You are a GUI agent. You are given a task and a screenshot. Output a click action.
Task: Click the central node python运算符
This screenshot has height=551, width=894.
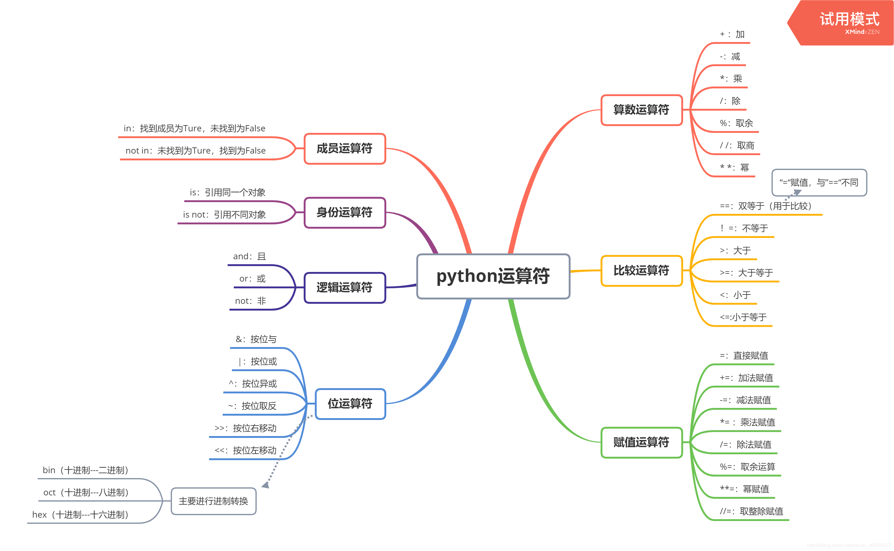[x=493, y=276]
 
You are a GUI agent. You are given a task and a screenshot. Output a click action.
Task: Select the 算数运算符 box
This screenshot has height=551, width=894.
[x=641, y=110]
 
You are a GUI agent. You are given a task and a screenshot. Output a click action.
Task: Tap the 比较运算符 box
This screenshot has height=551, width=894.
[x=641, y=271]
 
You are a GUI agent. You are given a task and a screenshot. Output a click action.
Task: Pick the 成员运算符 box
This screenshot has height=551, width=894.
[x=344, y=149]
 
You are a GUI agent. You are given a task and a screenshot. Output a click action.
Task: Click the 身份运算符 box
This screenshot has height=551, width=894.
[x=344, y=212]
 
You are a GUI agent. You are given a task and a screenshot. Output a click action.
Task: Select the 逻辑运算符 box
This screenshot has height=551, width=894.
[x=344, y=287]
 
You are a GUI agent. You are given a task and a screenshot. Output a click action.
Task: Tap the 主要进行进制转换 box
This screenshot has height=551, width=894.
[x=214, y=501]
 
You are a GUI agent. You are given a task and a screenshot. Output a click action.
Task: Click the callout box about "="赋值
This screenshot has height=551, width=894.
[x=819, y=183]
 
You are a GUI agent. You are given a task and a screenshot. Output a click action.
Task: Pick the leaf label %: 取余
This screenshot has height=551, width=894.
[x=736, y=123]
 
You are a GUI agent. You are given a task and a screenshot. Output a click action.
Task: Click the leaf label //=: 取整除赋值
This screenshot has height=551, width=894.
[x=751, y=511]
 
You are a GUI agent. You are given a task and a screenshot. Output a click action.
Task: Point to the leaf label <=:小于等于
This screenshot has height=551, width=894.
[x=743, y=317]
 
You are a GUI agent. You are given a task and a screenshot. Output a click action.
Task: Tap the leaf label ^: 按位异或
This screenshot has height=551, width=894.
[x=253, y=384]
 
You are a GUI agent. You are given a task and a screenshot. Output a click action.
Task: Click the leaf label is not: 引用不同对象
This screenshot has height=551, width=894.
[x=224, y=215]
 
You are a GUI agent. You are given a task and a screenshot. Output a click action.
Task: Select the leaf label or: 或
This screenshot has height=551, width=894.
[x=252, y=279]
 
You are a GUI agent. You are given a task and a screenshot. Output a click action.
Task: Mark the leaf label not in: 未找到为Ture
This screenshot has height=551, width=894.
[x=195, y=151]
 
